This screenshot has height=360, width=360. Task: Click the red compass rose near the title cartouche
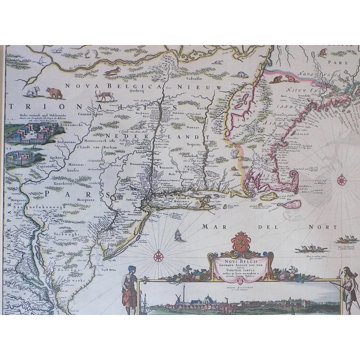click(x=157, y=256)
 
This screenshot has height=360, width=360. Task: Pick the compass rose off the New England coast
click(x=341, y=180)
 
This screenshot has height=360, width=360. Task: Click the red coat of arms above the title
click(x=239, y=246)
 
